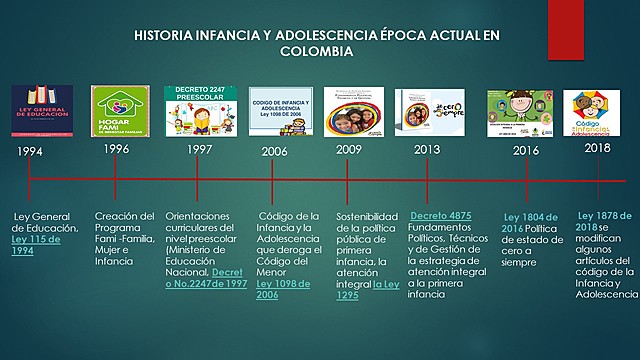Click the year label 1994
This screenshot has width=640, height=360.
[x=31, y=152]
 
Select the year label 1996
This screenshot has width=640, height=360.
[x=116, y=148]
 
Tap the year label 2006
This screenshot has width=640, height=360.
[x=274, y=151]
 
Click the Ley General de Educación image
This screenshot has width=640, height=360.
[x=42, y=112]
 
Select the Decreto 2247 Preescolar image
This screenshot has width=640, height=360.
[x=199, y=109]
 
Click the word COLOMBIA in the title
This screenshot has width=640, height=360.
[x=316, y=50]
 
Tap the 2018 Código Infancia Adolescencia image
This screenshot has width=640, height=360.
[x=597, y=111]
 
